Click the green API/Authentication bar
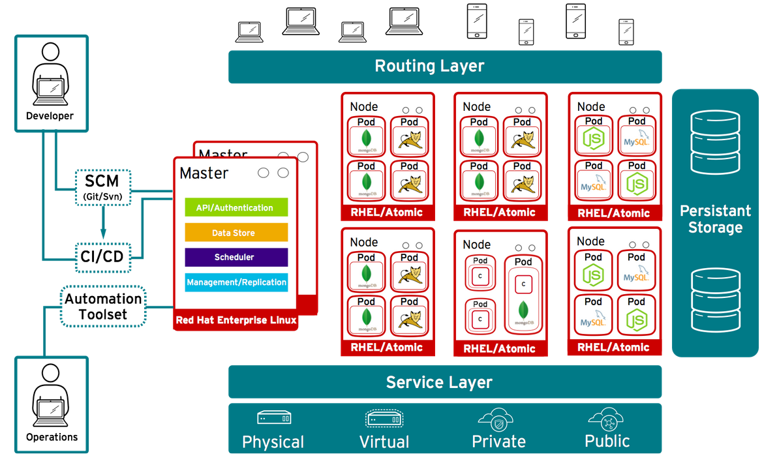(x=236, y=207)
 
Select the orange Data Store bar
(x=236, y=233)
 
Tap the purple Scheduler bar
(x=236, y=257)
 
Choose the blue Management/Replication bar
(x=236, y=282)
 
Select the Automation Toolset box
(x=103, y=306)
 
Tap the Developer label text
(x=50, y=116)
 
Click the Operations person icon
(x=50, y=395)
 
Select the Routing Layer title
(x=429, y=66)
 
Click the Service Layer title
(x=438, y=382)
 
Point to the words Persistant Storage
(x=715, y=219)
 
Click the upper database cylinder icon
(x=715, y=142)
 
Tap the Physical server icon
(x=273, y=417)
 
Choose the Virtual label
(x=384, y=442)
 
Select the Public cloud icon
(x=607, y=418)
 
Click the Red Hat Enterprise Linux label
(x=236, y=320)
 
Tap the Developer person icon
(x=50, y=74)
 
